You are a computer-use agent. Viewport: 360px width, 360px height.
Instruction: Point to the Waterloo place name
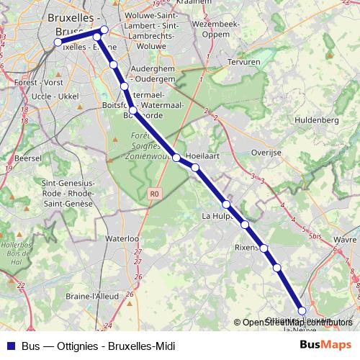pyautogui.click(x=121, y=238)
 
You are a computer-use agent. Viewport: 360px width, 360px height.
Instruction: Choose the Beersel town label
pyautogui.click(x=28, y=156)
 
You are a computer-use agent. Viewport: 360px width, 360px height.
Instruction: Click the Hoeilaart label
pyautogui.click(x=202, y=156)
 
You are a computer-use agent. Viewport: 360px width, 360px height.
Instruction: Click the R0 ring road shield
pyautogui.click(x=154, y=194)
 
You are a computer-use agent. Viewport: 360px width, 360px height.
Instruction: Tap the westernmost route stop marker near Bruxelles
pyautogui.click(x=58, y=42)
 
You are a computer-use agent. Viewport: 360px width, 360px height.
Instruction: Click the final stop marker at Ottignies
pyautogui.click(x=302, y=310)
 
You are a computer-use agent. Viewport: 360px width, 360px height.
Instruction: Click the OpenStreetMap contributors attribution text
pyautogui.click(x=297, y=323)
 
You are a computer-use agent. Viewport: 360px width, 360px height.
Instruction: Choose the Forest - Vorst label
pyautogui.click(x=38, y=83)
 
